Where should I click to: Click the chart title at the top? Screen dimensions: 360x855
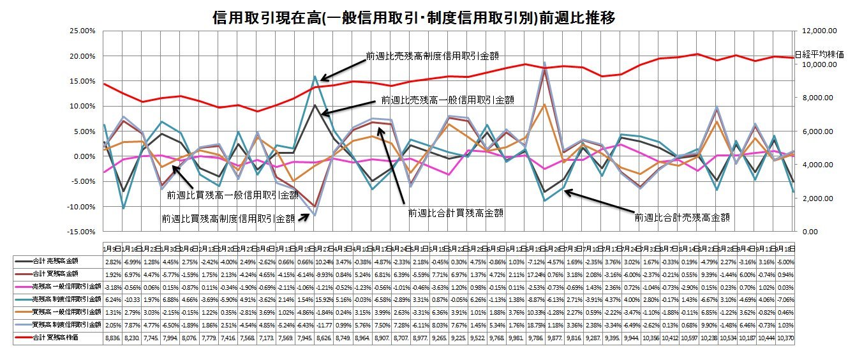pos(414,17)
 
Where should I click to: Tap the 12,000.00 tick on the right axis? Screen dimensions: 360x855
pos(816,31)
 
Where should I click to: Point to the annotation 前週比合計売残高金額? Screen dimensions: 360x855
pos(681,218)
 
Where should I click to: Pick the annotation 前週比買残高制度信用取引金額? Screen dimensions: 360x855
pos(228,218)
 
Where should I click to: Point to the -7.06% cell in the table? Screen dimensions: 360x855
pos(785,299)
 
